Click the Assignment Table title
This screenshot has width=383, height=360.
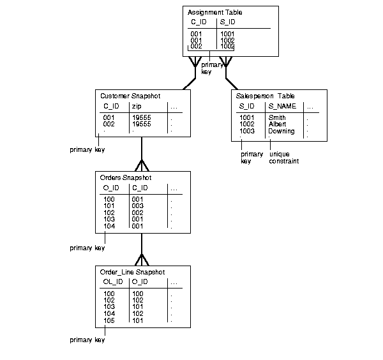click(x=215, y=12)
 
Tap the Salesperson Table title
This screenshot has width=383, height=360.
click(x=265, y=96)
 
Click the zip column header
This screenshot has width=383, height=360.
click(x=136, y=106)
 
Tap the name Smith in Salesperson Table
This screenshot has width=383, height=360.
click(x=277, y=118)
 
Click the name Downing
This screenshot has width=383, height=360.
click(x=281, y=131)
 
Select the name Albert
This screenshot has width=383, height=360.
click(x=278, y=124)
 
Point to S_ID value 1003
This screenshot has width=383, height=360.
click(x=246, y=131)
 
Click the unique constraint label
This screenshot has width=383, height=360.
click(x=284, y=158)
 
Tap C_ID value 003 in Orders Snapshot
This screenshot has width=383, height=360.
click(x=137, y=206)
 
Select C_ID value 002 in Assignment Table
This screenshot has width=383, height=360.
click(x=197, y=47)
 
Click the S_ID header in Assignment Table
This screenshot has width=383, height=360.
click(x=227, y=22)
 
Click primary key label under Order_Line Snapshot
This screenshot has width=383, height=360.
click(x=87, y=340)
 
